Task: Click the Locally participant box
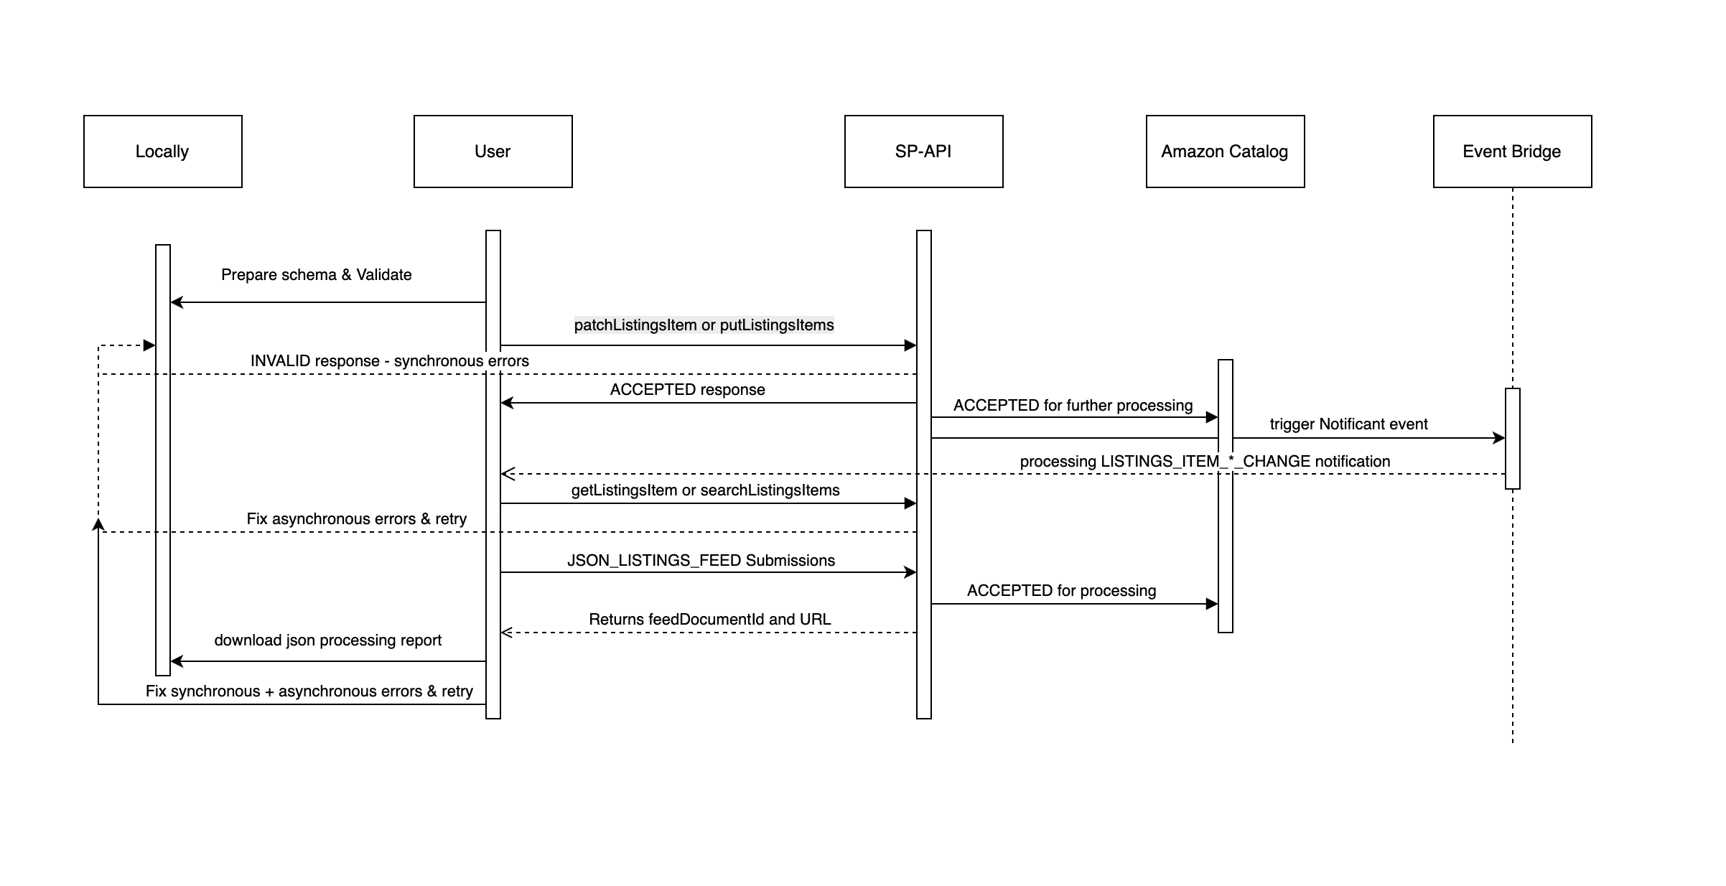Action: (x=162, y=151)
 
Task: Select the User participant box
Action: (x=493, y=151)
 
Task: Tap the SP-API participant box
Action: (x=923, y=151)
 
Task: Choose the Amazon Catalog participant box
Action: (x=1225, y=151)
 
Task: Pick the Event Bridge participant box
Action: (x=1512, y=151)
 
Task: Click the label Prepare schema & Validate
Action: (x=316, y=275)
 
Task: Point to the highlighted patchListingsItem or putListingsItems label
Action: (x=704, y=325)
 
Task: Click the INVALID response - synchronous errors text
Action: (x=389, y=361)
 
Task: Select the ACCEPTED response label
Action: (x=687, y=390)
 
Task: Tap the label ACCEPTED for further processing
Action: (x=1073, y=406)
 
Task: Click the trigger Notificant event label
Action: (x=1348, y=424)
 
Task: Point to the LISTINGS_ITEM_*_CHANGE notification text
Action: (x=1205, y=462)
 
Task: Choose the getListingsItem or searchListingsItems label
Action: (x=705, y=490)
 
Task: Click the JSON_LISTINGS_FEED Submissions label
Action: (x=701, y=561)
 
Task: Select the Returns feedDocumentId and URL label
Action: (x=709, y=620)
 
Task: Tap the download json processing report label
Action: (x=327, y=640)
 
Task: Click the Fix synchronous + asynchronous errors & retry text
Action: (x=309, y=691)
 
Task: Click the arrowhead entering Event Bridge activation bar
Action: (x=1499, y=438)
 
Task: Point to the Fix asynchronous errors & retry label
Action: (x=356, y=519)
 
